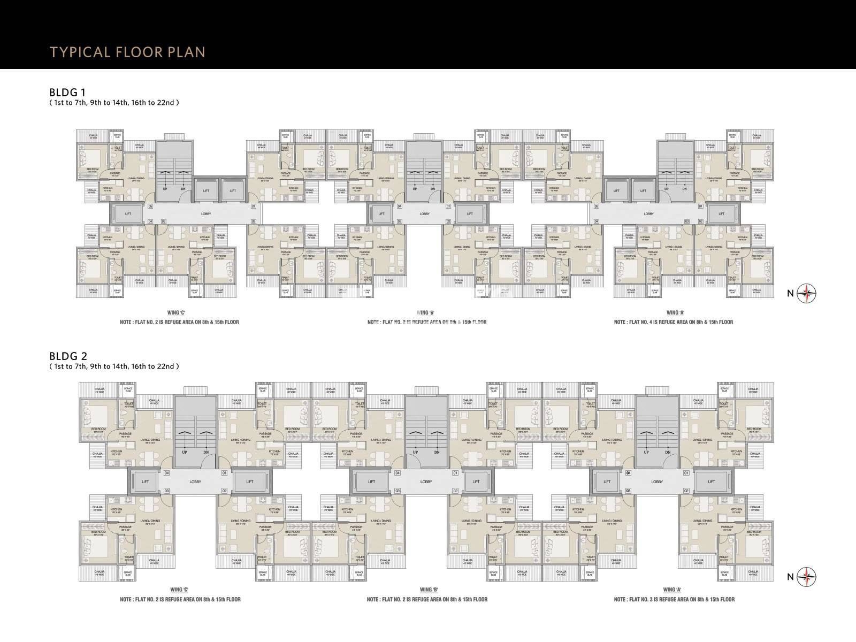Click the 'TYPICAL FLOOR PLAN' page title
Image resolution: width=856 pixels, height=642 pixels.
127,52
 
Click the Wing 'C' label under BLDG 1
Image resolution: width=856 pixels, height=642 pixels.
179,312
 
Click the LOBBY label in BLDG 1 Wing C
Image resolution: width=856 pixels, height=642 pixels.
206,214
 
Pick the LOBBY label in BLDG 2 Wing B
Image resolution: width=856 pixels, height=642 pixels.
426,481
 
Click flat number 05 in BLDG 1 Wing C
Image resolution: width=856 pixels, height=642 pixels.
150,207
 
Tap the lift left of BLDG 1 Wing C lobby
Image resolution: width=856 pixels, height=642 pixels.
128,214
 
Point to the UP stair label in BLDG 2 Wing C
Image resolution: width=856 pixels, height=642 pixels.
185,452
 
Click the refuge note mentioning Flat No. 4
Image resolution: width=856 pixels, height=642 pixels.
673,322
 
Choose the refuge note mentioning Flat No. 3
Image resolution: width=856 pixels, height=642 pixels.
674,599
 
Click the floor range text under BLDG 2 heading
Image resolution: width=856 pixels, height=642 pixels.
113,366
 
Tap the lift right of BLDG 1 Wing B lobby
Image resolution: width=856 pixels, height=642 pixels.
470,214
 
